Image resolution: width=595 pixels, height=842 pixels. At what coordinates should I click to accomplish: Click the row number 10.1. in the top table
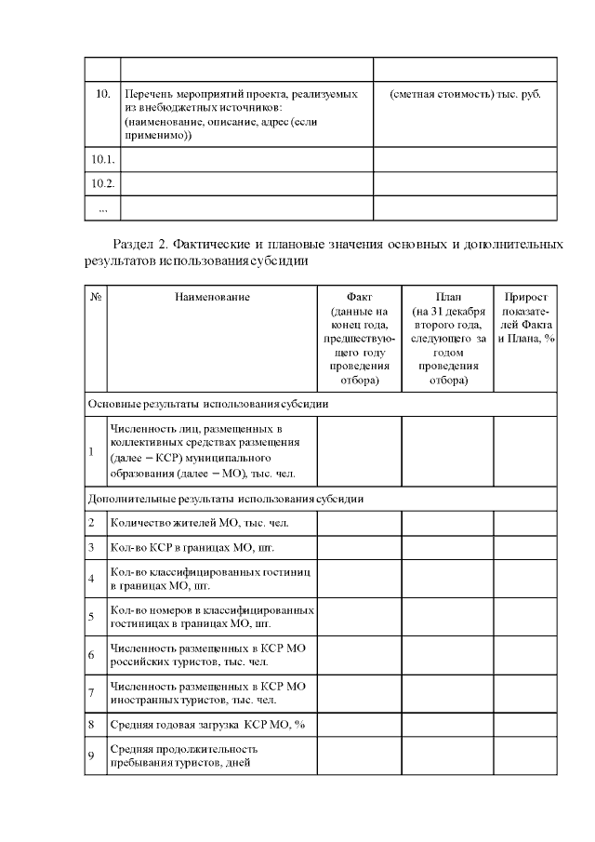point(102,160)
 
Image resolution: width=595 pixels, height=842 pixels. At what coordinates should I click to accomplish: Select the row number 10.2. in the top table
point(102,183)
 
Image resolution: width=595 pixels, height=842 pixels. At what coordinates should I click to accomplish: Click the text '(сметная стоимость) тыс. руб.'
point(465,95)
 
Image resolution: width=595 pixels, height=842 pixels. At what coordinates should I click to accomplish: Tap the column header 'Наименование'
point(212,297)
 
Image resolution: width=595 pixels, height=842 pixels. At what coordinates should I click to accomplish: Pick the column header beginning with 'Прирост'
point(525,317)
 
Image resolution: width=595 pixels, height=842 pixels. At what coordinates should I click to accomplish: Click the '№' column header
point(96,297)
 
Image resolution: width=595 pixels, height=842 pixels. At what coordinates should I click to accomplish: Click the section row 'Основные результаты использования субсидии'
point(207,405)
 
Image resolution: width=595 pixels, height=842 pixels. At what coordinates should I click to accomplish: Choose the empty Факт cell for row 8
point(359,723)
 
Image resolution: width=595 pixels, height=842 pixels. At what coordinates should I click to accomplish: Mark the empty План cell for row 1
point(447,451)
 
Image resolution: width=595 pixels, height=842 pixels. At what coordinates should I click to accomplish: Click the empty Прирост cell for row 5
point(525,616)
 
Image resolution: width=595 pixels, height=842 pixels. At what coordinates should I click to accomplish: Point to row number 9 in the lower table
point(91,755)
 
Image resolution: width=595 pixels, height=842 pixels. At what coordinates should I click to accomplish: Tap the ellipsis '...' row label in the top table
point(102,208)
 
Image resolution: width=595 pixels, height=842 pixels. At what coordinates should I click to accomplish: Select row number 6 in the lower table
point(91,655)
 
